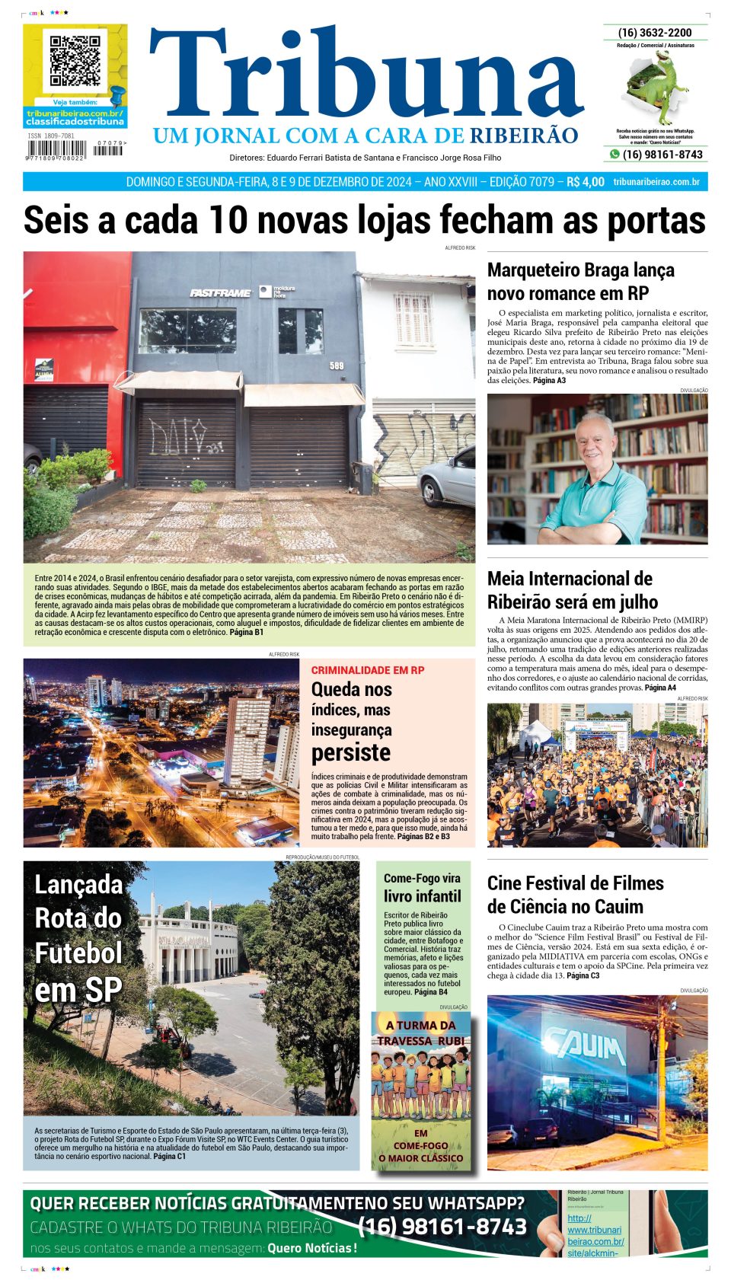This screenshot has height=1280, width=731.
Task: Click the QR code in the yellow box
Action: point(75,60)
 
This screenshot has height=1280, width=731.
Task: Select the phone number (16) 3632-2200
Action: point(655,33)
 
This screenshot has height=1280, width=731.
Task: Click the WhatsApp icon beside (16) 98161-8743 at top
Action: point(614,155)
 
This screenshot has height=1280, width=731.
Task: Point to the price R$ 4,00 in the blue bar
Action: point(585,182)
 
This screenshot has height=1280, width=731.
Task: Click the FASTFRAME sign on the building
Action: point(220,292)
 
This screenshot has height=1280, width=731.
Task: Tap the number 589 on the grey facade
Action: point(337,365)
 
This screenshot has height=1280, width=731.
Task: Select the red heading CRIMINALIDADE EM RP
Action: point(368,670)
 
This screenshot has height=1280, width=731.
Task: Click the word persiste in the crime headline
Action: point(351,752)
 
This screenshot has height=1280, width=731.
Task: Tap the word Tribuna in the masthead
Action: point(365,76)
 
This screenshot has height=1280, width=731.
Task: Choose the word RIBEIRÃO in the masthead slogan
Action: point(524,136)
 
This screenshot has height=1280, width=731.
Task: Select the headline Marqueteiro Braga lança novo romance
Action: point(580,282)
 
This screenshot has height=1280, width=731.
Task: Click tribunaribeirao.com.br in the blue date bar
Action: point(656,182)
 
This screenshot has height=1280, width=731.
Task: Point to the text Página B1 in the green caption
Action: point(246,632)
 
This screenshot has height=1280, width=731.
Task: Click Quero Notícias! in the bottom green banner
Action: point(311,1248)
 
